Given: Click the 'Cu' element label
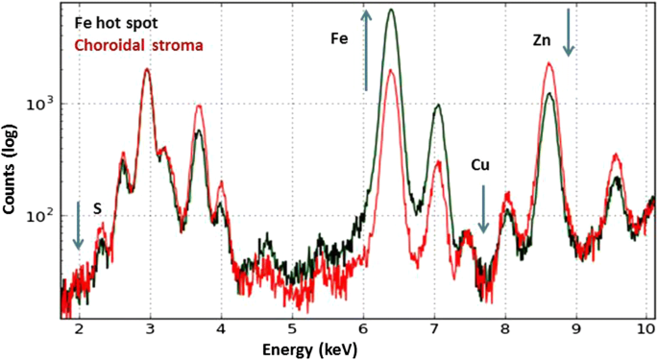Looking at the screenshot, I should (482, 165).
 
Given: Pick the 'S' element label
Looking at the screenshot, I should (97, 206).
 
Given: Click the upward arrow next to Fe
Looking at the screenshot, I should (365, 50).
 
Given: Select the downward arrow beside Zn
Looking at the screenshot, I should (569, 32).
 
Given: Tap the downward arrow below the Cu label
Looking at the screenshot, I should (483, 210).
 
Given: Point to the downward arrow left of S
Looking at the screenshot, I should (79, 227).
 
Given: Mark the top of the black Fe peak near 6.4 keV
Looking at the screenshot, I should (391, 11).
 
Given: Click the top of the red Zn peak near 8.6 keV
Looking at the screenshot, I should (548, 64).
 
